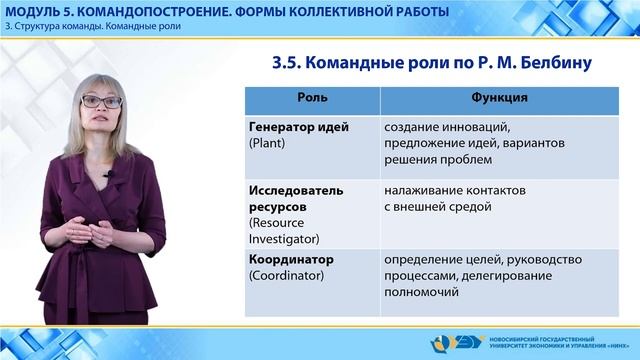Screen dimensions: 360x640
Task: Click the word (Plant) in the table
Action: coord(267,144)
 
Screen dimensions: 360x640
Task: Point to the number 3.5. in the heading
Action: coord(291,63)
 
